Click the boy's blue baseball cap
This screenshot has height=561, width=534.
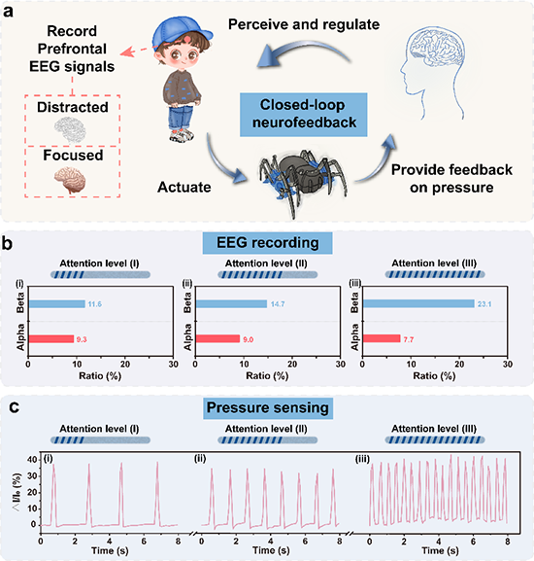180,32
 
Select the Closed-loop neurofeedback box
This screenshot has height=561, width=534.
303,115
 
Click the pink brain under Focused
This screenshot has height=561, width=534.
70,180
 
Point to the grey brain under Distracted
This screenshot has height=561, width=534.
70,129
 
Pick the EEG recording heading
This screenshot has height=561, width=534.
268,243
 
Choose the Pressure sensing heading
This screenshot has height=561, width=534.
268,408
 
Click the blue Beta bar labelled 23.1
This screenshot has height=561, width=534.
418,303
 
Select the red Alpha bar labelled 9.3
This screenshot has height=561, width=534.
51,338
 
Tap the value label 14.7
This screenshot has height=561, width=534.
278,304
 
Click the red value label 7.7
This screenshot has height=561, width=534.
409,339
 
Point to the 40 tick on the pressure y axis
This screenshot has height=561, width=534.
32,459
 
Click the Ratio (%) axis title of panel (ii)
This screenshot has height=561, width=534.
267,376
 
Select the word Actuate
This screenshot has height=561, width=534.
184,187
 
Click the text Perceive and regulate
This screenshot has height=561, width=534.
304,24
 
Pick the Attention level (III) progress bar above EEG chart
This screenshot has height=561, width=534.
435,274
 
